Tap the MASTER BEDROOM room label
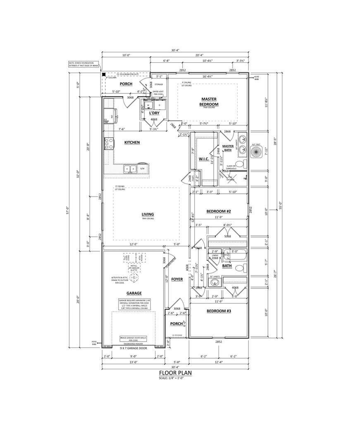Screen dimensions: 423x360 click(x=209, y=102)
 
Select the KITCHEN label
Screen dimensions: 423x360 click(x=132, y=143)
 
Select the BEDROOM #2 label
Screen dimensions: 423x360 click(x=219, y=211)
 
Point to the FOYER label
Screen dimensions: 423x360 click(x=177, y=279)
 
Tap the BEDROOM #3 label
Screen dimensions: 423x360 click(x=219, y=311)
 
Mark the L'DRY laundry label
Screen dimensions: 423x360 click(x=154, y=113)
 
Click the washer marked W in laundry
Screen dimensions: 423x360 click(x=148, y=105)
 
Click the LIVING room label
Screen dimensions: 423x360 click(x=148, y=214)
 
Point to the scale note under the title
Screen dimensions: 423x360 click(x=175, y=378)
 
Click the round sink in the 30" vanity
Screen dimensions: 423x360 click(x=213, y=283)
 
